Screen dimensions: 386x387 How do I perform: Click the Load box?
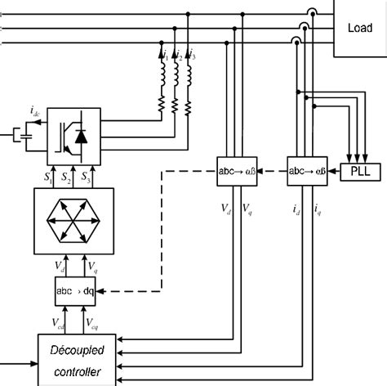click(360, 28)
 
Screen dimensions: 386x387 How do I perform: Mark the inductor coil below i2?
click(175, 78)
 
